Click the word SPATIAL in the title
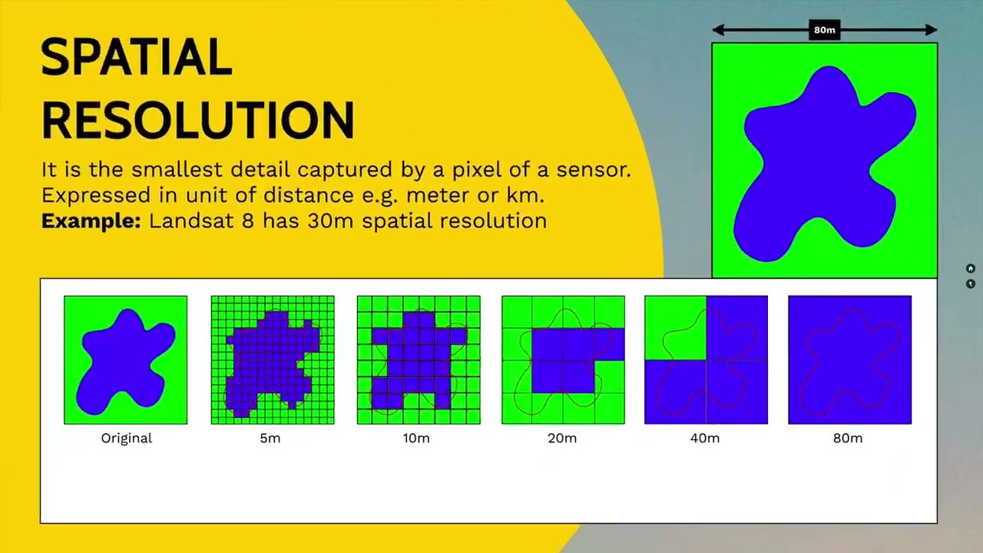137,57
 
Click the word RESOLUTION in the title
197,120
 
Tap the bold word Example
91,220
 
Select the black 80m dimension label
825,30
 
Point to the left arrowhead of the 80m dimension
718,30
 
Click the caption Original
127,439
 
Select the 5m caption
270,438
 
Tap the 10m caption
416,438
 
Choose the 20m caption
562,438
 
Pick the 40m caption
705,438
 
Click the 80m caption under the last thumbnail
848,438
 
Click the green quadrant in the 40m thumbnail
675,328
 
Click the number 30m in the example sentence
330,220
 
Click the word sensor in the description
594,171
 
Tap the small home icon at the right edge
970,268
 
